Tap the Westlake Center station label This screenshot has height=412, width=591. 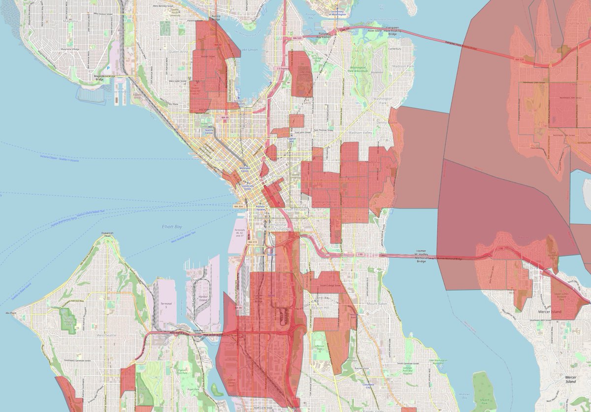[245, 169]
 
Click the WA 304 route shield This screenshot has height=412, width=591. [238, 206]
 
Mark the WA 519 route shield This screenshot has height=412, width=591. [252, 242]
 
